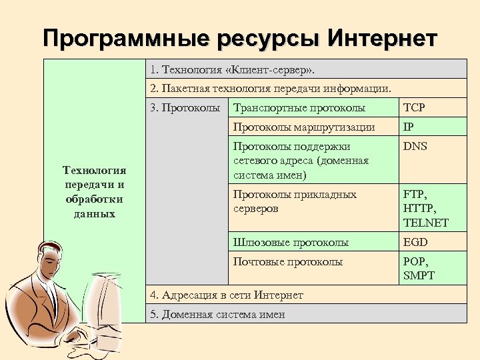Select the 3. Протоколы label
click(185, 108)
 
